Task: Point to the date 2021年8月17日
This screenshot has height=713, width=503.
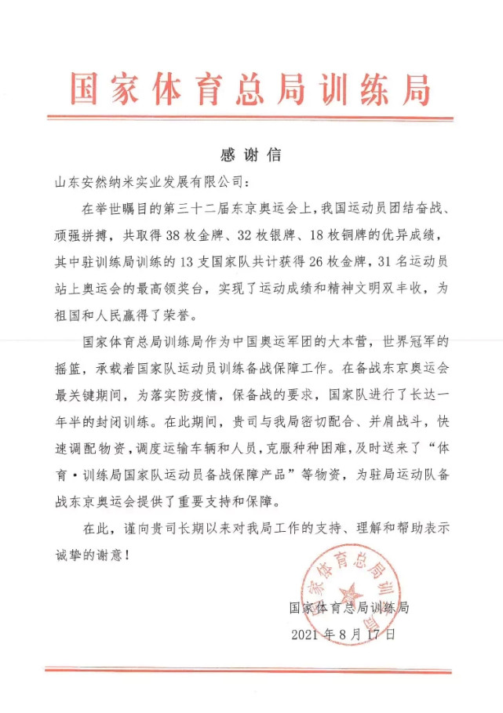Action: click(x=343, y=633)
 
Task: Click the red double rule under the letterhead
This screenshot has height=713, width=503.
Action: click(x=250, y=118)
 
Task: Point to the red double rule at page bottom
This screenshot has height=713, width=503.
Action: click(x=250, y=669)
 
